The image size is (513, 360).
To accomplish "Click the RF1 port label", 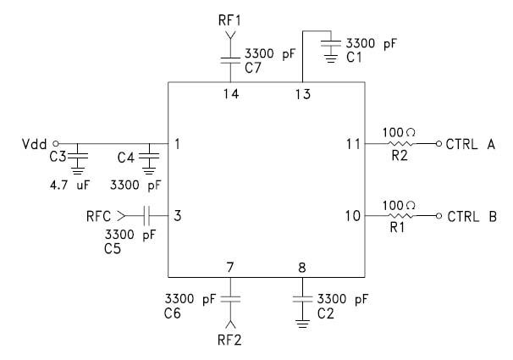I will coord(229,16).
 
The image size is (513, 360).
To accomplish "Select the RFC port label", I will coord(99,215).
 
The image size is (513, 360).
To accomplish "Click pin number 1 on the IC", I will coord(178,143).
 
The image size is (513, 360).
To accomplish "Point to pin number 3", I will coord(178,215).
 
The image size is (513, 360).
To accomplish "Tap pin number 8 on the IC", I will coord(302,268).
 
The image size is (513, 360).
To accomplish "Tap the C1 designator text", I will coord(356,55).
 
